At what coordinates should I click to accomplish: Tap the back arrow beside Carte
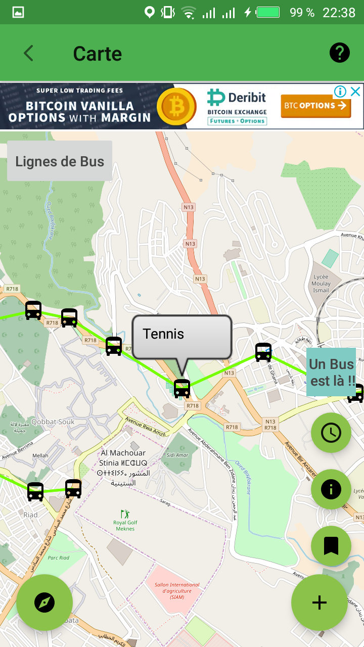click(28, 53)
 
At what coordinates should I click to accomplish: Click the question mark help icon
click(340, 53)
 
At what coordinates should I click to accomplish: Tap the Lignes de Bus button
click(60, 161)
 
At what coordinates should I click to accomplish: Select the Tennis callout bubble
click(181, 336)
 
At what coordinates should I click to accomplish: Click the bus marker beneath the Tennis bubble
click(182, 388)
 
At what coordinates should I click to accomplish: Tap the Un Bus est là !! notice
click(331, 372)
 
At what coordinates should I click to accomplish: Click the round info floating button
click(331, 489)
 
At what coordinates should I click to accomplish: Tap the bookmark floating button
click(331, 546)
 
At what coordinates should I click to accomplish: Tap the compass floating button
click(44, 602)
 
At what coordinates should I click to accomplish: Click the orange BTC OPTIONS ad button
click(315, 106)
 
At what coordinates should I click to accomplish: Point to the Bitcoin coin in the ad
click(176, 106)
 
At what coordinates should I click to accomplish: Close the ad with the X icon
click(355, 91)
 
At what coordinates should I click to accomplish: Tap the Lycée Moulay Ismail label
click(321, 284)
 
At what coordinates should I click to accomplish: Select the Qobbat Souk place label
click(53, 422)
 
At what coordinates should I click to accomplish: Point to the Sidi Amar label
click(178, 455)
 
